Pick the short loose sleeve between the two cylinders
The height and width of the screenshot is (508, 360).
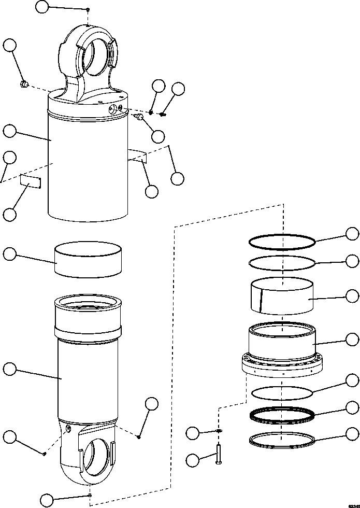pos(88,260)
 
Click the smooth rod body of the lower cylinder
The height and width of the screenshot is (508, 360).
pos(88,384)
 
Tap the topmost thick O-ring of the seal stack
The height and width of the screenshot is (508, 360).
pos(282,241)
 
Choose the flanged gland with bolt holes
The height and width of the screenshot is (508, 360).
pos(282,358)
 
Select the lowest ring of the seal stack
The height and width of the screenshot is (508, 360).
pos(282,440)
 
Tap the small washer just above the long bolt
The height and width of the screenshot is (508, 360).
pos(220,431)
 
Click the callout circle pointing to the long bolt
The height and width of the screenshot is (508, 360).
pos(193,459)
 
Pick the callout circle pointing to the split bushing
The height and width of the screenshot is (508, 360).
pos(352,296)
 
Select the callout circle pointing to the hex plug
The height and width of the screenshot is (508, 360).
pos(9,45)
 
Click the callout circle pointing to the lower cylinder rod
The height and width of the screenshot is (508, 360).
pos(9,369)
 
